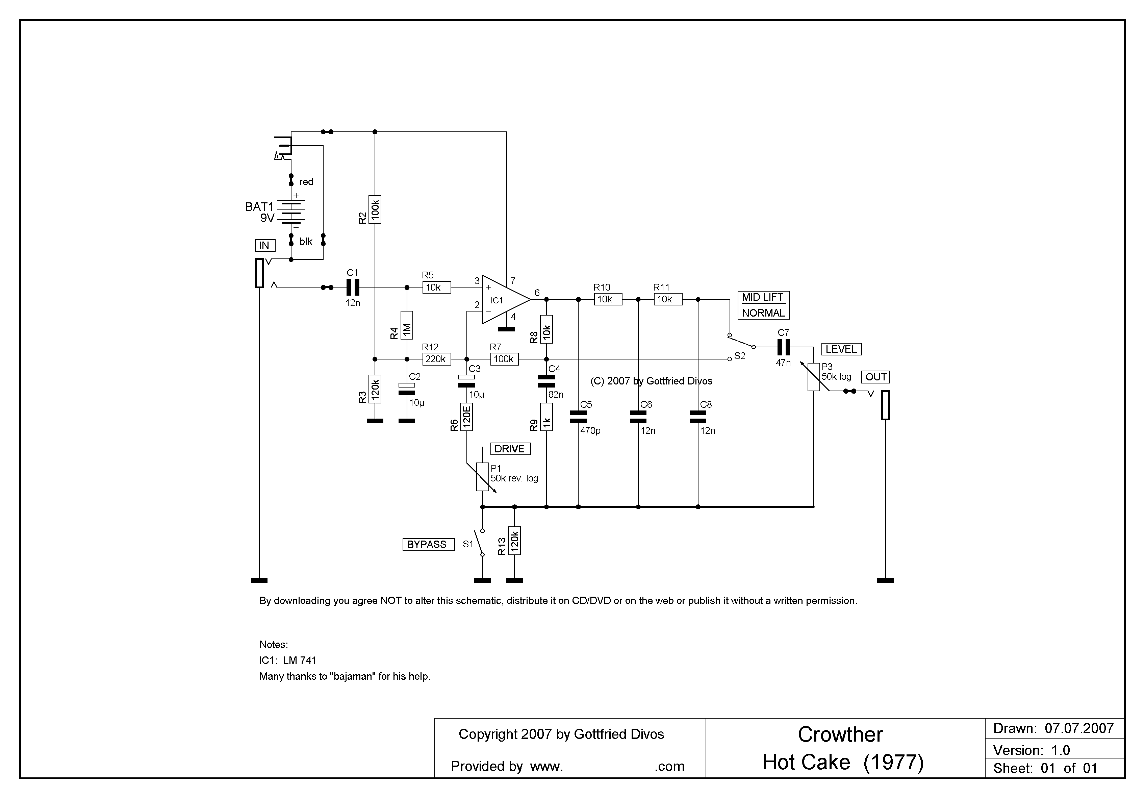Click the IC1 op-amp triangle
505,300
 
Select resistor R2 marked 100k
375,209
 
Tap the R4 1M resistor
407,325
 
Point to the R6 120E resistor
467,417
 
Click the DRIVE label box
510,449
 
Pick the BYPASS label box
428,545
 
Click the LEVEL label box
841,349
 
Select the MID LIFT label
763,297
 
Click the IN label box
264,245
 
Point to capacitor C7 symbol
784,347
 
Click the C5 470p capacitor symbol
579,417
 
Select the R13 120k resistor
515,541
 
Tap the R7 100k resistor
504,359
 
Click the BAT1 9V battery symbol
291,211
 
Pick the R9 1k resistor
546,417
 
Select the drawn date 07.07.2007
1079,729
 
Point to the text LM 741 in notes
299,660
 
